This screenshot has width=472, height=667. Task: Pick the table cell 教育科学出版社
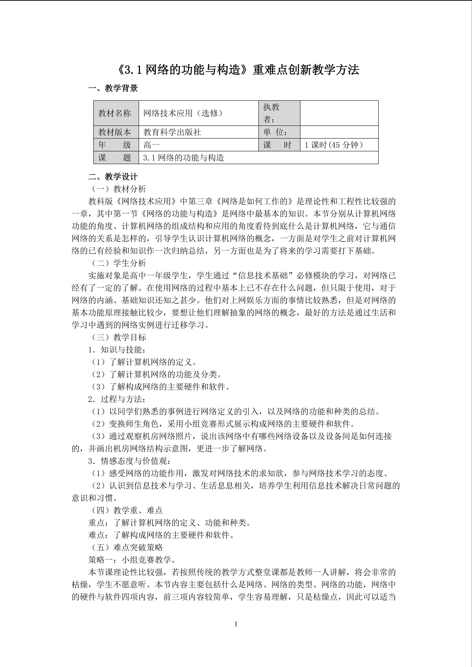[172, 132]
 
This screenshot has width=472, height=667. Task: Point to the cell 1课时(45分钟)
[334, 145]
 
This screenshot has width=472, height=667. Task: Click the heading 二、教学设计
[113, 177]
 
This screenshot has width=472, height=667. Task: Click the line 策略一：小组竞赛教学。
[132, 560]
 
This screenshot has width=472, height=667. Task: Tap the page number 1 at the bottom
[236, 624]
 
